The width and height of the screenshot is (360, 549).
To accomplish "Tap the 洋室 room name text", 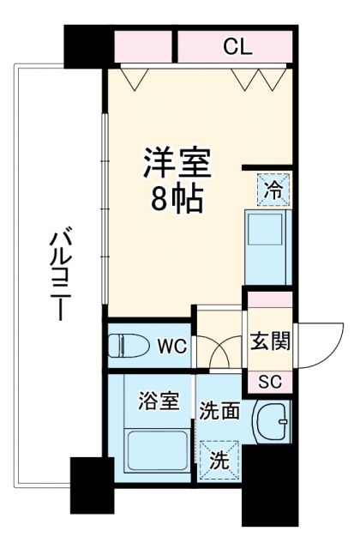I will [x=177, y=164].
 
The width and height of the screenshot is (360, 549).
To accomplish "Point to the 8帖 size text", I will [x=177, y=199].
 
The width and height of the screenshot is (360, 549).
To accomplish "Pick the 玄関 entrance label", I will [x=270, y=341].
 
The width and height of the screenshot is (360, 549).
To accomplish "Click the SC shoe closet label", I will [x=270, y=382].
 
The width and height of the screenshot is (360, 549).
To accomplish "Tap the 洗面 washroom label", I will [x=219, y=410].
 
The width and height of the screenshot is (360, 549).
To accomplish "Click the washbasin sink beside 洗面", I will [x=272, y=421].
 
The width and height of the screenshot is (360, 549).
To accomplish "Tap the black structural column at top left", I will [x=88, y=48].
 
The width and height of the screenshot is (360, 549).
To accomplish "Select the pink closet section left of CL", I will [x=143, y=46].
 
